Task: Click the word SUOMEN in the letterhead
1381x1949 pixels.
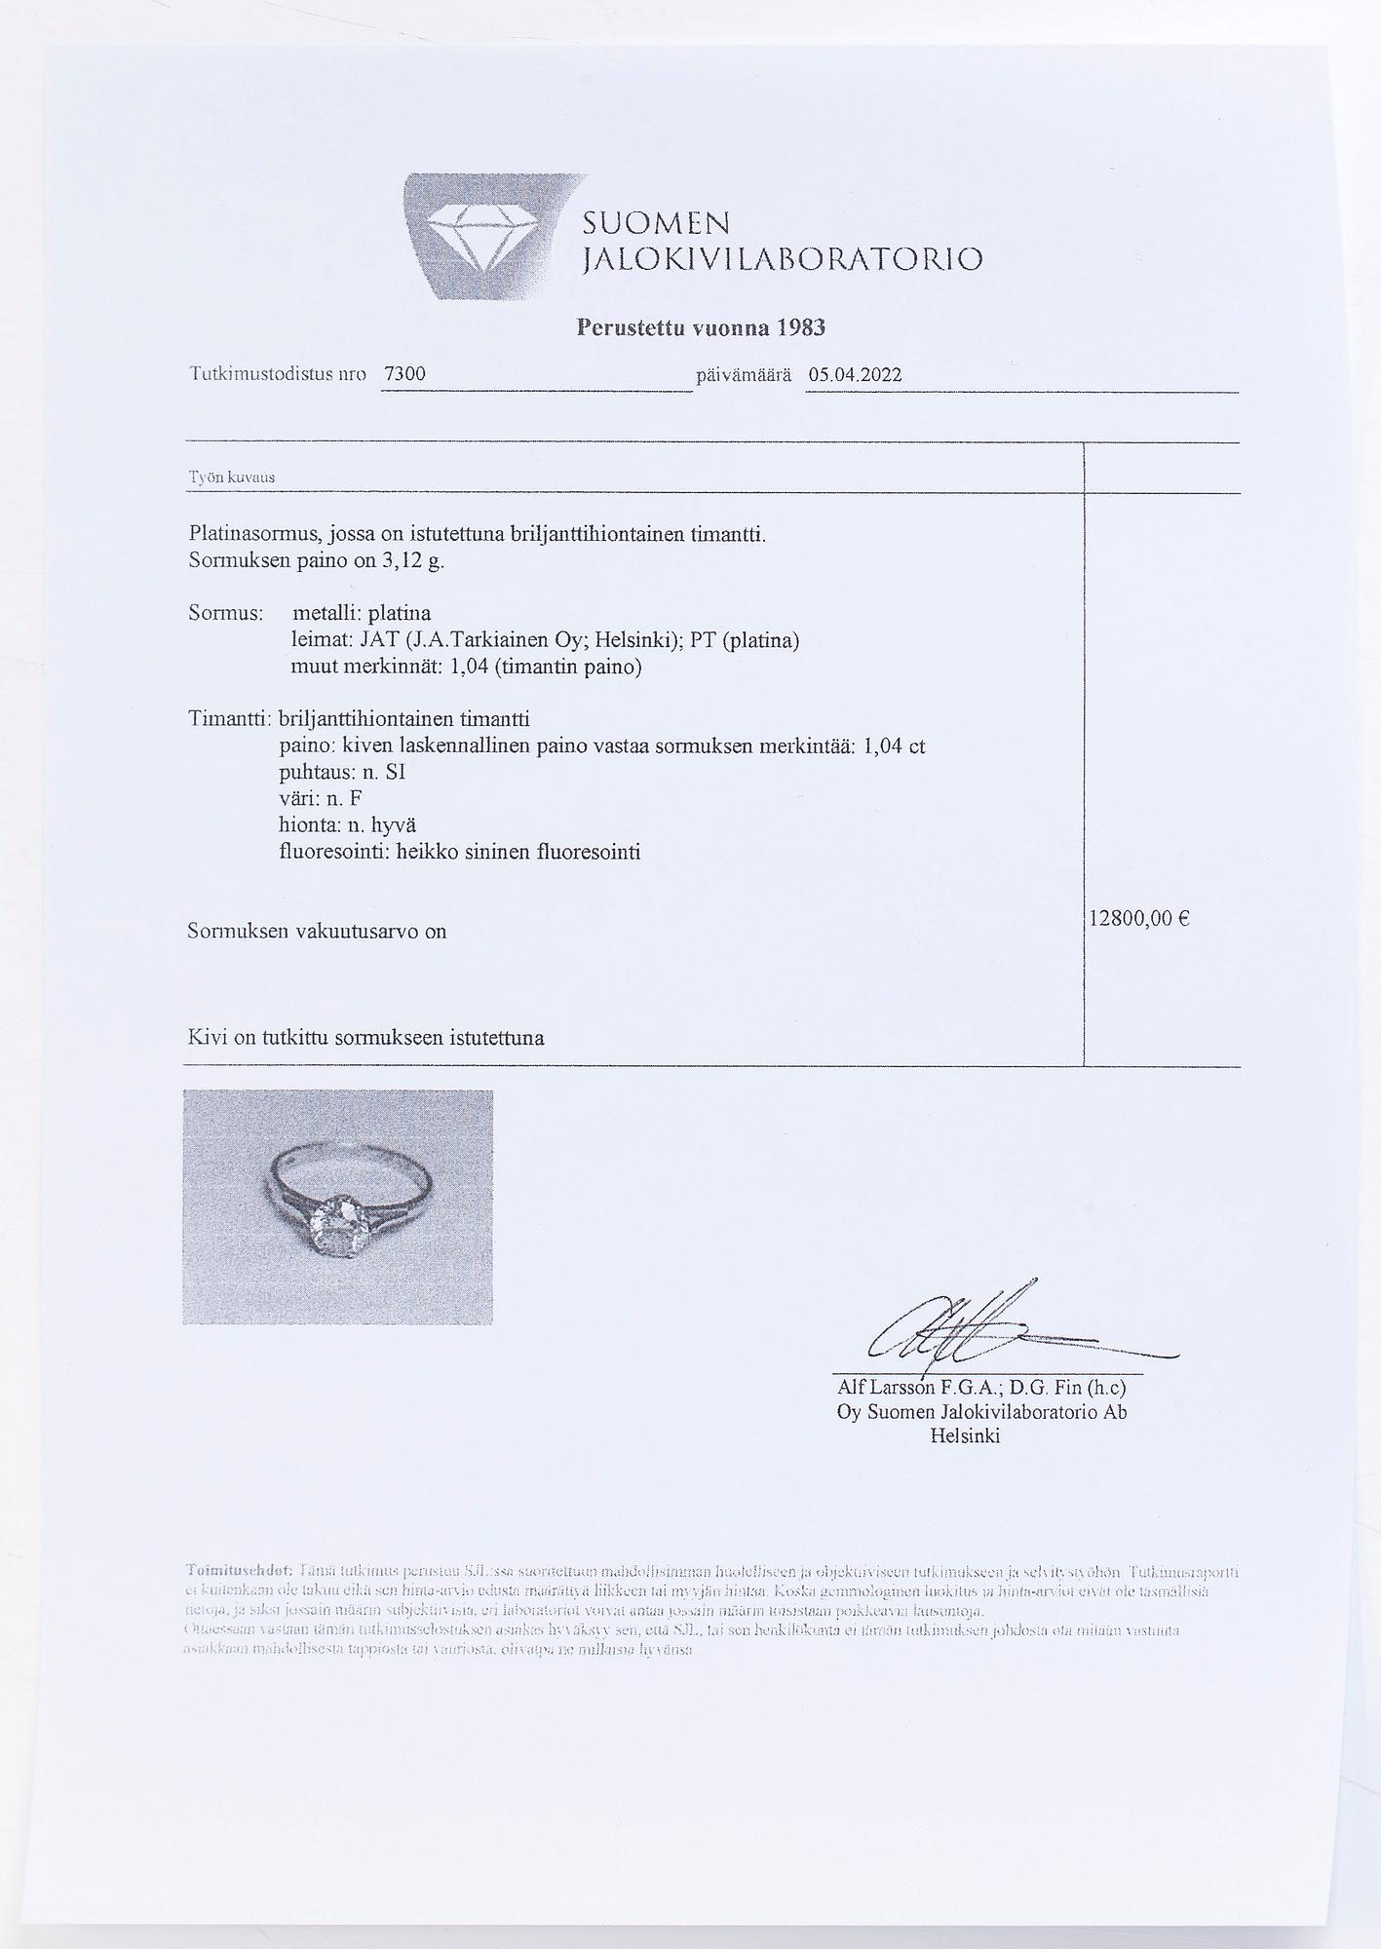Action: pos(655,224)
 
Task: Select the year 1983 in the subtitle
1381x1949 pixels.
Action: pos(801,327)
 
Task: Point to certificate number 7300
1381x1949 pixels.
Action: pos(405,375)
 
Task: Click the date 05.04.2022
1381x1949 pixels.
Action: pos(855,375)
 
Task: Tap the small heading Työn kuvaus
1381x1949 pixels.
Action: pos(232,478)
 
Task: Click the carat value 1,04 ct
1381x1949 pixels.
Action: pos(894,746)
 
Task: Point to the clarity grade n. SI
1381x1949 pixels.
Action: pos(377,773)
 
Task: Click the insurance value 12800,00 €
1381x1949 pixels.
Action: pos(1139,918)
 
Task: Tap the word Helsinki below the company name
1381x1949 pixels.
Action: pos(965,1436)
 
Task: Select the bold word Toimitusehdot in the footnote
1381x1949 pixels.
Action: pos(239,1572)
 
